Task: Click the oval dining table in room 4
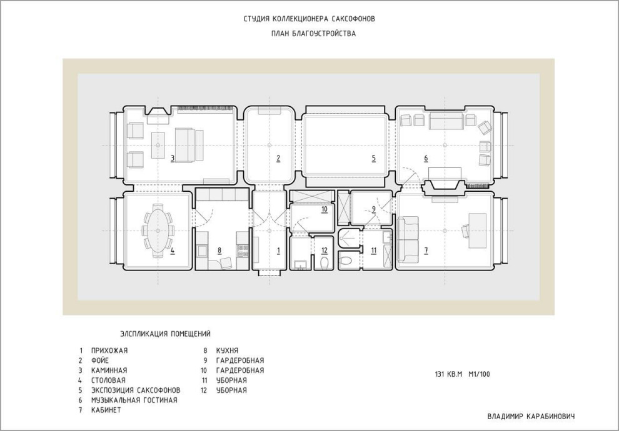tap(158, 230)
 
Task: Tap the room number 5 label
tap(373, 159)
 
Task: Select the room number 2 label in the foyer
tap(278, 159)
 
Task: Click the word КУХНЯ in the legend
tap(227, 350)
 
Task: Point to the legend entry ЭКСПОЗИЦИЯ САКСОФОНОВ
tap(136, 390)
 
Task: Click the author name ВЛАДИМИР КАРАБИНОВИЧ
tap(531, 417)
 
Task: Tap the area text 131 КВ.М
tap(448, 374)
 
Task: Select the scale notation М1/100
tap(479, 374)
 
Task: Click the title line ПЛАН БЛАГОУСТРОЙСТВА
tap(313, 34)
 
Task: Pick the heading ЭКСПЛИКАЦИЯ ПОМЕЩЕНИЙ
tap(166, 334)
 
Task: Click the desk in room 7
tap(477, 230)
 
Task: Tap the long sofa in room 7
tap(408, 239)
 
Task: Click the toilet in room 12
tap(324, 262)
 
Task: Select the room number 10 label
tap(325, 209)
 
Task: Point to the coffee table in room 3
tap(158, 145)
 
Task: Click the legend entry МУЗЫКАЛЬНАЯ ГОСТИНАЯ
tap(134, 400)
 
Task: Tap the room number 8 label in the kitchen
tap(219, 250)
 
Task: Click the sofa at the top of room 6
tap(446, 121)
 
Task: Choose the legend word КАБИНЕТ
tap(106, 410)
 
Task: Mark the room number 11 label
tap(374, 250)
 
